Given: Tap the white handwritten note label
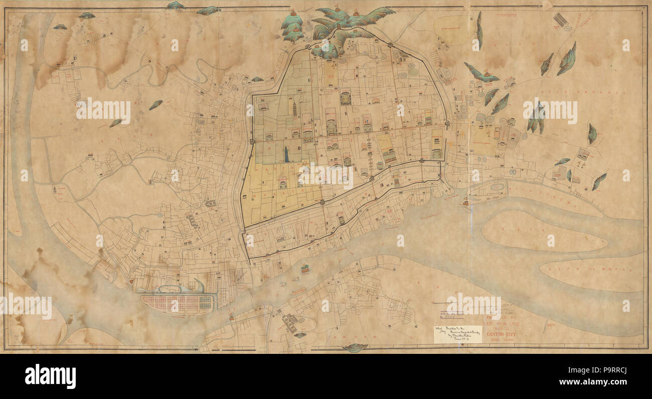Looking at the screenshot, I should tap(457, 334).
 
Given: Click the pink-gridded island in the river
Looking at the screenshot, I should tap(177, 304).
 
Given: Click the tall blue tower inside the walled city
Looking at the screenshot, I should tap(286, 154).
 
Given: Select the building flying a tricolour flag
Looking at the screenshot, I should tap(368, 123).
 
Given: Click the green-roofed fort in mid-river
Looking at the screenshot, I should tap(305, 270).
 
